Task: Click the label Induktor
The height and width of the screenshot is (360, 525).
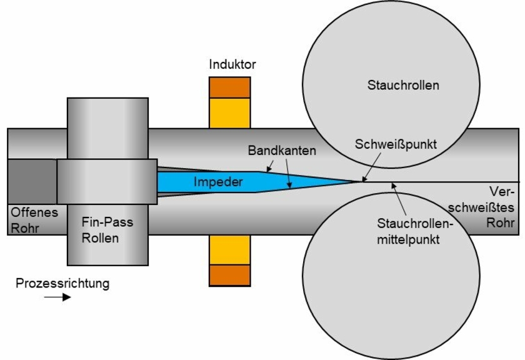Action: coord(232,64)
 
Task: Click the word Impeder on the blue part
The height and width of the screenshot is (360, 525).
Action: coord(218,182)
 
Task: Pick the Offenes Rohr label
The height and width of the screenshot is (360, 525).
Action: coord(34,220)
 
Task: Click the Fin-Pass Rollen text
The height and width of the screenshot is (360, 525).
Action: coord(107,230)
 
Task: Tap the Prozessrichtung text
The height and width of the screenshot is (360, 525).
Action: coord(62,283)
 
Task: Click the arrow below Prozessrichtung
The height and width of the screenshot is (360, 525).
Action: coord(57,297)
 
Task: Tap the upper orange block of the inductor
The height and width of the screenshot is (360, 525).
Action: coord(230,87)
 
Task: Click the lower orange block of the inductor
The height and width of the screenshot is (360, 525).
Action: coord(230,275)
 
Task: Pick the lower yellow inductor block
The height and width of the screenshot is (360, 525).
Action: coord(230,249)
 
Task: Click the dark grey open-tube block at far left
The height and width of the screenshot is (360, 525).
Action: coord(32,181)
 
